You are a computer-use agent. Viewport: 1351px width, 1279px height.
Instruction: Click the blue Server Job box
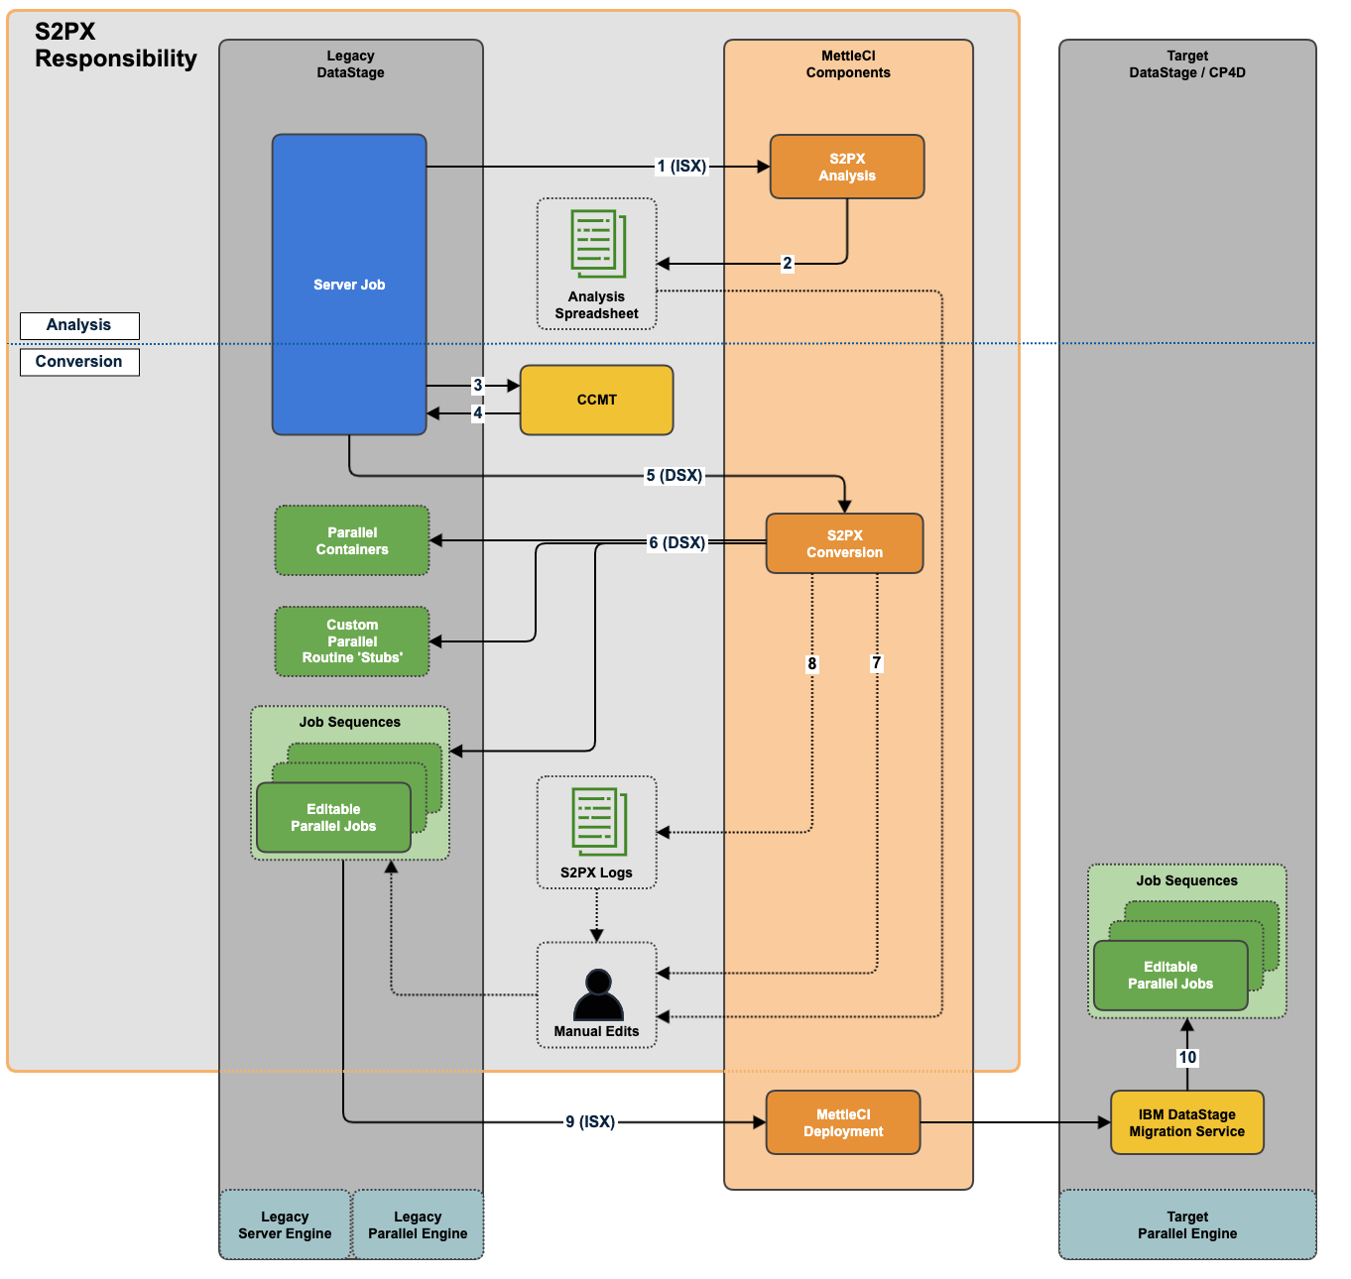click(349, 285)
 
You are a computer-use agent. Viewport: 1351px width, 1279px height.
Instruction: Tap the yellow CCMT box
click(596, 400)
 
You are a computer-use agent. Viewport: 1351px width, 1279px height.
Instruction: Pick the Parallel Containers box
click(352, 540)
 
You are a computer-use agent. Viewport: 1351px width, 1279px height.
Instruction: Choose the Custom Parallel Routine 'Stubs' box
click(352, 641)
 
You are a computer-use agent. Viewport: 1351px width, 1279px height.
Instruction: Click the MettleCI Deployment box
click(843, 1122)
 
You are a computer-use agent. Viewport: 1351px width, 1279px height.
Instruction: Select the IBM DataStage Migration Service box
click(1186, 1122)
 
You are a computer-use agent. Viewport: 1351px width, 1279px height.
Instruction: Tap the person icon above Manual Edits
click(598, 994)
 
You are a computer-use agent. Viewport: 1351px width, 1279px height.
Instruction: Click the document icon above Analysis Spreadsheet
click(598, 244)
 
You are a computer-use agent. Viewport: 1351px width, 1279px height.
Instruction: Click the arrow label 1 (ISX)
click(681, 167)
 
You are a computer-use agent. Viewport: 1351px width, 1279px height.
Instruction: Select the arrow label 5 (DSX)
click(675, 476)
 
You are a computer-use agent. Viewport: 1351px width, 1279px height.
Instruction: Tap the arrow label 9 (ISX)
click(590, 1121)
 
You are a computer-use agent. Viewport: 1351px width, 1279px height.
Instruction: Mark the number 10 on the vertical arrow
click(1187, 1057)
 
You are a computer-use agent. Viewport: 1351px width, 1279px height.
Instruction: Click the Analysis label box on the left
click(79, 325)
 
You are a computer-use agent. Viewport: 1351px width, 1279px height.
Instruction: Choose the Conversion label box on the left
click(79, 362)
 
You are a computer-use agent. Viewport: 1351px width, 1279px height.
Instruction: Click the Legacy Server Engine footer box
click(285, 1224)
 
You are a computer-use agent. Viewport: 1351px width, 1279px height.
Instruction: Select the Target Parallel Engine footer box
click(1187, 1224)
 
